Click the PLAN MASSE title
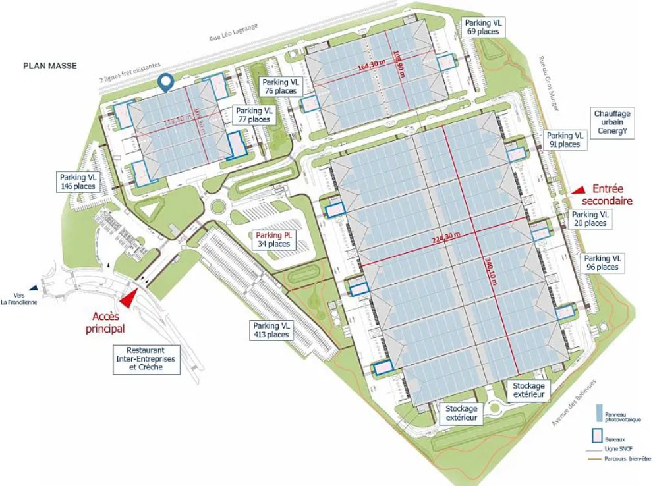point(49,66)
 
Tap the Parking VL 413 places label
point(271,330)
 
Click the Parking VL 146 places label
point(78,182)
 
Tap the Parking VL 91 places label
point(565,140)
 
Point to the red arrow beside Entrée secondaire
point(577,190)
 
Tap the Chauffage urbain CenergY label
point(612,122)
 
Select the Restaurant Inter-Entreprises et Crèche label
point(146,360)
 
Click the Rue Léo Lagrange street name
point(234,31)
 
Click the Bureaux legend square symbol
point(598,435)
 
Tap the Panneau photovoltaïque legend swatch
point(598,414)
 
